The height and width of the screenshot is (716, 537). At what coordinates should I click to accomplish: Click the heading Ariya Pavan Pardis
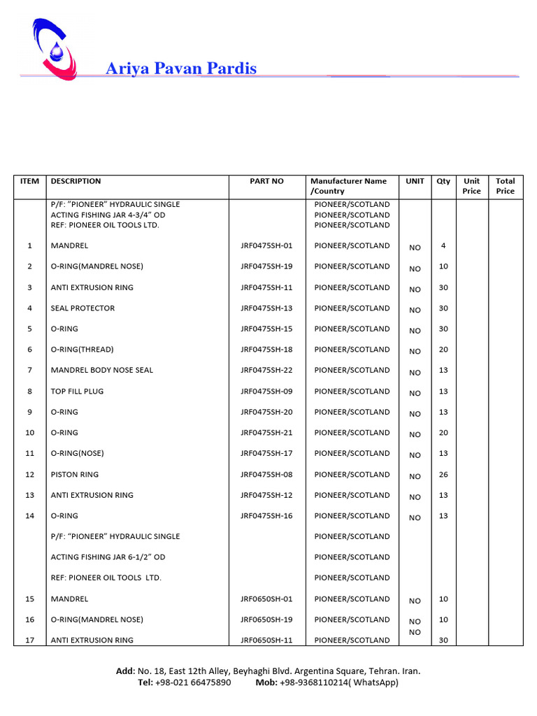[x=180, y=69]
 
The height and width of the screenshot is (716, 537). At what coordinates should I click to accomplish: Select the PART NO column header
[x=267, y=181]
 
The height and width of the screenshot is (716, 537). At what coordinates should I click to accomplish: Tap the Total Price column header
[x=505, y=186]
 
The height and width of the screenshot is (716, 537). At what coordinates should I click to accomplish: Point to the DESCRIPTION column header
[x=76, y=181]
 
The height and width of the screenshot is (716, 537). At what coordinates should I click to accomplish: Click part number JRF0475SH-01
[x=266, y=246]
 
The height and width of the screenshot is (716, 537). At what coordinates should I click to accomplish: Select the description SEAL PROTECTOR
[x=83, y=308]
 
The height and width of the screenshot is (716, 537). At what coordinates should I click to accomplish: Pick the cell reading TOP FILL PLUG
[x=77, y=392]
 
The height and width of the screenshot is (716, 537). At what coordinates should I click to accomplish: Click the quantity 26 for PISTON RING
[x=443, y=475]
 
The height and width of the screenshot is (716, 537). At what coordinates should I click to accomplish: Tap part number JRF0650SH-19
[x=266, y=620]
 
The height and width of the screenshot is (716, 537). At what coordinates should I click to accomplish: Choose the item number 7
[x=29, y=371]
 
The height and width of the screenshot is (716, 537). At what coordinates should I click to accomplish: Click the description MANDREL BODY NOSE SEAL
[x=102, y=371]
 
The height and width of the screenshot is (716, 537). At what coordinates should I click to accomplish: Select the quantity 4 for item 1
[x=443, y=246]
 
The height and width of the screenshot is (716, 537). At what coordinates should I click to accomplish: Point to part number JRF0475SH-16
[x=266, y=516]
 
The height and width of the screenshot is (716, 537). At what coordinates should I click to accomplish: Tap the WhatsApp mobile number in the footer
[x=338, y=682]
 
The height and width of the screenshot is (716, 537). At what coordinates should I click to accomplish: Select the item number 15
[x=29, y=599]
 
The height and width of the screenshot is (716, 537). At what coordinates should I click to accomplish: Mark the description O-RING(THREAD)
[x=82, y=350]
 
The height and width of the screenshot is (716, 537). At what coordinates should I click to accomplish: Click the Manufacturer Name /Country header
[x=348, y=186]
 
